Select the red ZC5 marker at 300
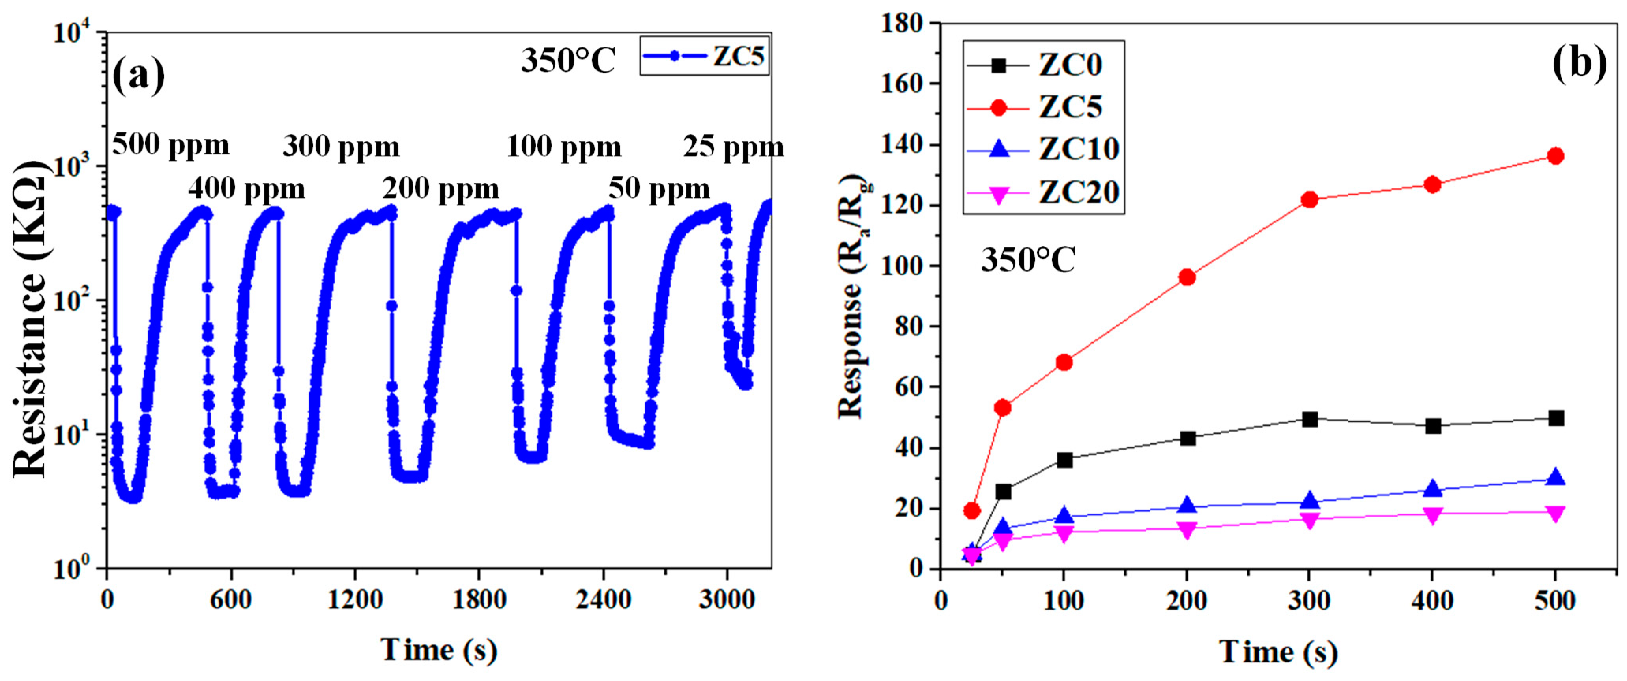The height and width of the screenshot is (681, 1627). click(x=1309, y=199)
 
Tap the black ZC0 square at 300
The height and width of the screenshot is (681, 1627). click(x=1309, y=419)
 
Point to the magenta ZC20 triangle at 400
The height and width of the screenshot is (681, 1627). click(x=1433, y=515)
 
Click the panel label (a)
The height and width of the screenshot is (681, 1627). click(x=138, y=75)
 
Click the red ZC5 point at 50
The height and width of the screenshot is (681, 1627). click(x=1002, y=408)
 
